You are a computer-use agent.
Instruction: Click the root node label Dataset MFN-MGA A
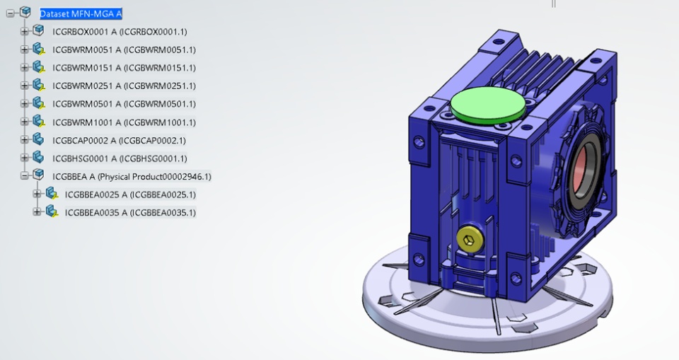coord(81,14)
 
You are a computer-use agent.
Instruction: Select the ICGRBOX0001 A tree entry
coord(120,32)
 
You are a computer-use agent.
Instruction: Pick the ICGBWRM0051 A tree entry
coord(124,50)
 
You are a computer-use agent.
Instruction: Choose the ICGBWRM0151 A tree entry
coord(124,68)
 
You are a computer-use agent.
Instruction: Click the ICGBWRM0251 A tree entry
coord(124,86)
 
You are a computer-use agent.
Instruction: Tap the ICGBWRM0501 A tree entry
coord(124,104)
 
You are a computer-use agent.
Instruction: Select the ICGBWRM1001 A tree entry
coord(124,122)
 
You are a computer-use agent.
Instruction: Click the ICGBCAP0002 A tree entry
coord(119,140)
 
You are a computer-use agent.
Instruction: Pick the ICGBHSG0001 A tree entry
coord(120,158)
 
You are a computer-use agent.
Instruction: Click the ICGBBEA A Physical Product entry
coord(132,176)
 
